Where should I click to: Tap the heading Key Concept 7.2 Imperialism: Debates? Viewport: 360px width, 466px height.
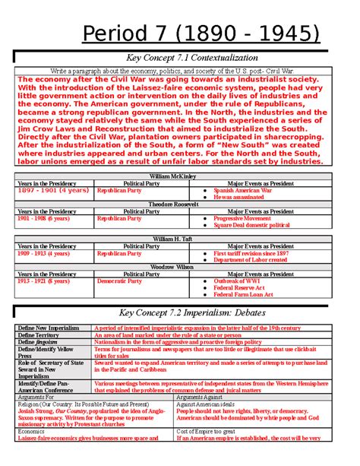click(x=179, y=313)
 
